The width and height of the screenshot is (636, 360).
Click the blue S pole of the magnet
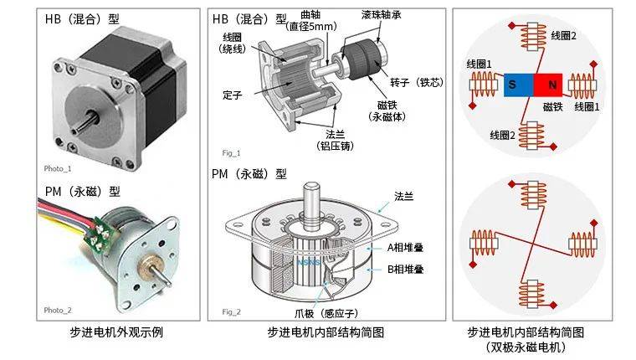pos(519,85)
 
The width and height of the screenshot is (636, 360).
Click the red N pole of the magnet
pos(548,85)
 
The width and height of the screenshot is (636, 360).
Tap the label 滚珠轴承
pos(382,15)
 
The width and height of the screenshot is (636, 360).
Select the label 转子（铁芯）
pos(417,82)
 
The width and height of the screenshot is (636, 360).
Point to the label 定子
pos(233,95)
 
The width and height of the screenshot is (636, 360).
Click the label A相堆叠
pos(405,248)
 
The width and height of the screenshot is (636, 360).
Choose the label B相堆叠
pos(405,270)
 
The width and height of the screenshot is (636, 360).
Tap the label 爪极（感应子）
pos(326,313)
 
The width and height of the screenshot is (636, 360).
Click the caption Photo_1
pos(58,168)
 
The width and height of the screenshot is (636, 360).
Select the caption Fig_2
pos(231,311)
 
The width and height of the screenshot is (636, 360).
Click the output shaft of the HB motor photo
pos(86,123)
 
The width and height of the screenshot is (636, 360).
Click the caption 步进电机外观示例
pos(116,332)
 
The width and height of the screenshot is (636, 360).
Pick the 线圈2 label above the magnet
pos(563,36)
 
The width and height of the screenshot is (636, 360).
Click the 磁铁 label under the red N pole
pos(553,106)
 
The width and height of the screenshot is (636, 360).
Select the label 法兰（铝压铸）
pos(335,140)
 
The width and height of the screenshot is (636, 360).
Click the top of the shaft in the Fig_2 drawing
pos(311,186)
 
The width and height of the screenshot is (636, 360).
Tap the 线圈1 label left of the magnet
pos(479,64)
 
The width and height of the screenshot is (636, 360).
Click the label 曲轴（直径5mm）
pos(311,21)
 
